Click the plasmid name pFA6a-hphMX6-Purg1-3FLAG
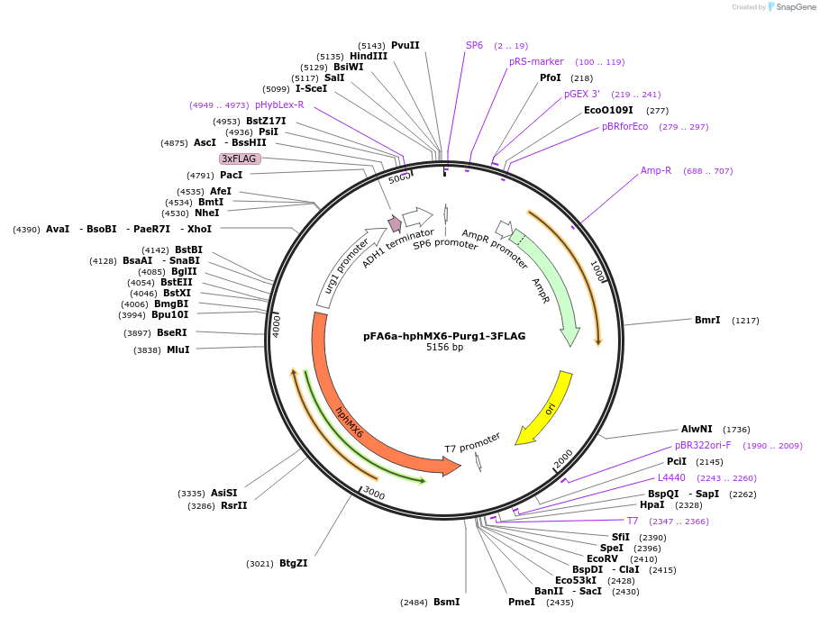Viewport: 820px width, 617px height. pyautogui.click(x=444, y=336)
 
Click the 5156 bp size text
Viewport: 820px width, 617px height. pyautogui.click(x=444, y=348)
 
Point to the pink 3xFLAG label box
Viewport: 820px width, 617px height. pyautogui.click(x=240, y=159)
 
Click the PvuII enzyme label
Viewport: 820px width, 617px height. pyautogui.click(x=405, y=45)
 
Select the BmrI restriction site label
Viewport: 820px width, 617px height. pyautogui.click(x=707, y=320)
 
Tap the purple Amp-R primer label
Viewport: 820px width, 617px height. pyautogui.click(x=656, y=170)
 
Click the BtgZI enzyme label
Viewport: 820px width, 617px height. pyautogui.click(x=293, y=563)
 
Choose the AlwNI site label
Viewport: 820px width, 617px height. pyautogui.click(x=697, y=429)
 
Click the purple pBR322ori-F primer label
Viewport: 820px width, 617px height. pyautogui.click(x=703, y=445)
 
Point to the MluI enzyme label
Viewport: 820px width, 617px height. pyautogui.click(x=178, y=349)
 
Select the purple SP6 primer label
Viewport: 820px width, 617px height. pyautogui.click(x=474, y=45)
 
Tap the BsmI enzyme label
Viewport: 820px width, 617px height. pyautogui.click(x=446, y=602)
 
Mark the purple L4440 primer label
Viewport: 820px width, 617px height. pyautogui.click(x=671, y=477)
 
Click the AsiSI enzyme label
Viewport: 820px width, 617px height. pyautogui.click(x=223, y=493)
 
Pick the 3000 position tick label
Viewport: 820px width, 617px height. pyautogui.click(x=374, y=495)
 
